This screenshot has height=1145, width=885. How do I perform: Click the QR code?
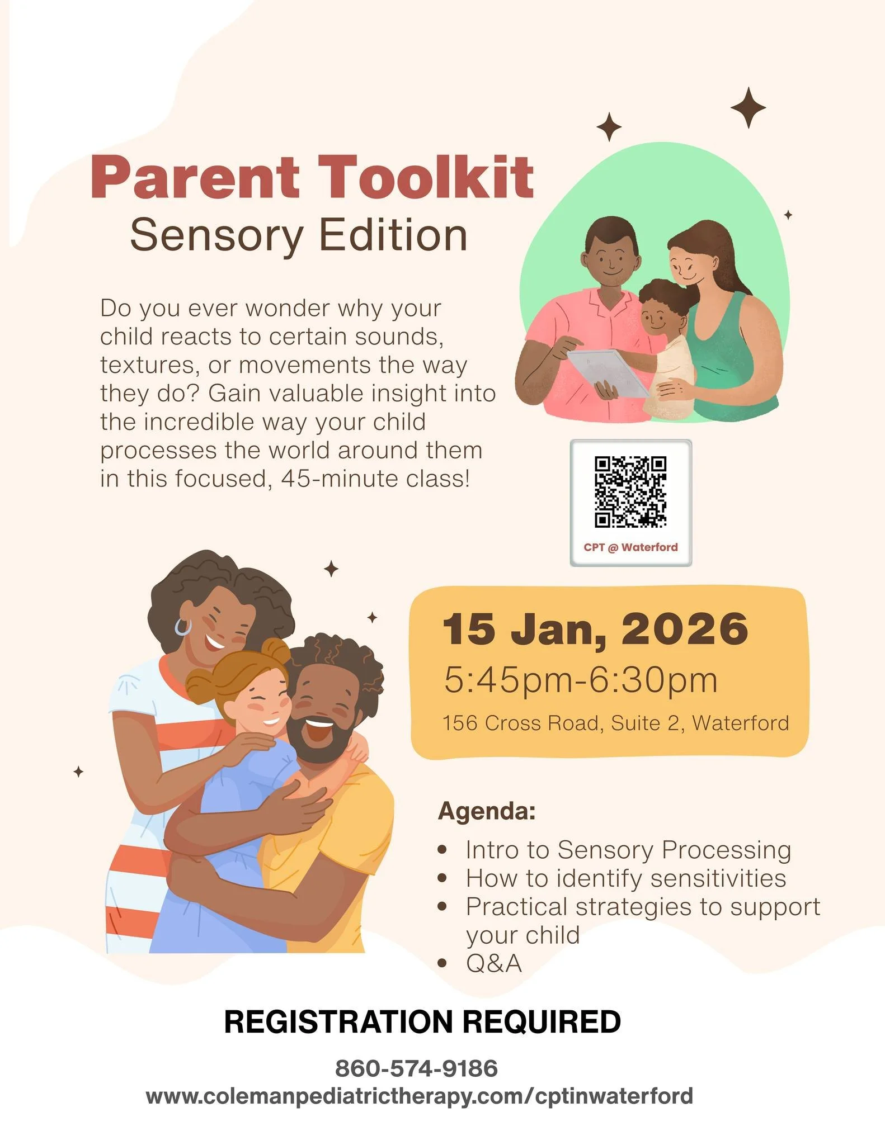tap(630, 491)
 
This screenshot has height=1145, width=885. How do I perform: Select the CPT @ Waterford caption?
tap(630, 547)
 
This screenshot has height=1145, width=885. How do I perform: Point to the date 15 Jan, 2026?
tap(595, 629)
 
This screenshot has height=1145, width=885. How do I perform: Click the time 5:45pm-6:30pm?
tap(581, 680)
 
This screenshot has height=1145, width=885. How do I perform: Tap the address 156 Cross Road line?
tap(615, 723)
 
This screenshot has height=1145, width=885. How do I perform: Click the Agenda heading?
tap(487, 811)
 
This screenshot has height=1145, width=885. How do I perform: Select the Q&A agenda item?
tap(493, 963)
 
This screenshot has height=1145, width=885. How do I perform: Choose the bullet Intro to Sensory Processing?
tap(628, 850)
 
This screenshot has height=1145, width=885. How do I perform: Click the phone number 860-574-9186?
tap(416, 1068)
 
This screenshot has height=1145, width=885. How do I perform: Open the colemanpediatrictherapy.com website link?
tap(420, 1095)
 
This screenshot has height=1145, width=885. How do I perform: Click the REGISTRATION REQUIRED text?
tap(422, 1021)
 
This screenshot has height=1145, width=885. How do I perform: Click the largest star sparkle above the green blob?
tap(748, 107)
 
